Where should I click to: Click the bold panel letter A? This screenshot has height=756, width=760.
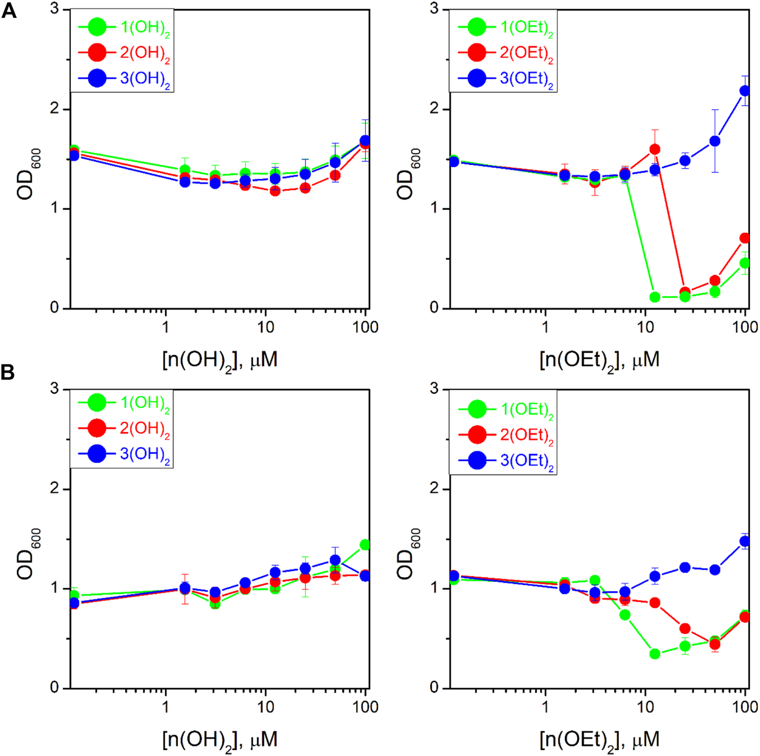click(x=9, y=11)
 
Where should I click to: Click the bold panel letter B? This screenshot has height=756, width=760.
click(x=8, y=372)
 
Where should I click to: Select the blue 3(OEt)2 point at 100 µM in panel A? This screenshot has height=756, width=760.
click(x=745, y=91)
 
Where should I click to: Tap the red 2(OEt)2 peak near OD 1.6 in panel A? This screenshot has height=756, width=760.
click(x=654, y=150)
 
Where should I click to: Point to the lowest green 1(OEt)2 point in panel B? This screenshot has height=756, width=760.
click(x=654, y=654)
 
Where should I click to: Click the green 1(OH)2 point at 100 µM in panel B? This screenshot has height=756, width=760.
click(x=364, y=545)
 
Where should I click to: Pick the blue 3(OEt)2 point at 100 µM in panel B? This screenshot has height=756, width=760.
click(x=745, y=542)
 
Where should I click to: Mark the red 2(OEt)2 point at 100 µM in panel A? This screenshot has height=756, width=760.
click(x=745, y=238)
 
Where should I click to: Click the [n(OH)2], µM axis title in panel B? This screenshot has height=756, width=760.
click(x=220, y=740)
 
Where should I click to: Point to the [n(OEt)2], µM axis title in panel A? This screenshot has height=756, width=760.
click(x=599, y=360)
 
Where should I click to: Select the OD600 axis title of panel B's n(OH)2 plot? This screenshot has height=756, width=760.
click(x=26, y=554)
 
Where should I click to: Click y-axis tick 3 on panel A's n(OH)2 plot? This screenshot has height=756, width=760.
click(x=54, y=9)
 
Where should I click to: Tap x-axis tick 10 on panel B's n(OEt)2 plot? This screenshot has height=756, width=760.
click(x=645, y=707)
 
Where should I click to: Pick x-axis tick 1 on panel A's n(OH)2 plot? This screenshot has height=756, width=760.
click(x=165, y=327)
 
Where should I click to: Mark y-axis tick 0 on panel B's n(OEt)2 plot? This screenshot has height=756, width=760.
click(x=434, y=688)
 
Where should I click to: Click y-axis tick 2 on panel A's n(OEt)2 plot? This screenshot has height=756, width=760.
click(x=434, y=109)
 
